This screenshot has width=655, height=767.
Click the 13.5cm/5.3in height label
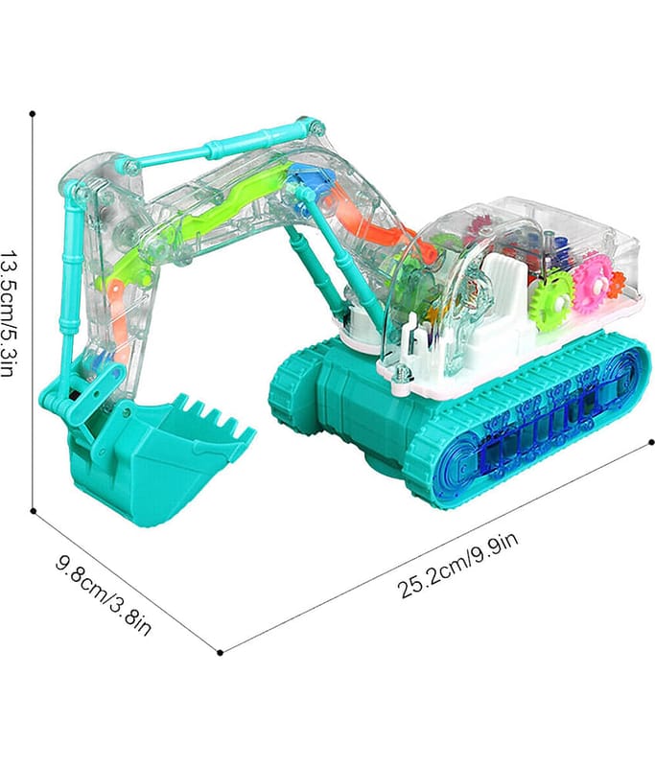click(9, 314)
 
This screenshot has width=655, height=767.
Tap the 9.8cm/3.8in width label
click(104, 595)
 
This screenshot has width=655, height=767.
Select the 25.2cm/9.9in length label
click(458, 565)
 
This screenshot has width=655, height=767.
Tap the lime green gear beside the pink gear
click(552, 298)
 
